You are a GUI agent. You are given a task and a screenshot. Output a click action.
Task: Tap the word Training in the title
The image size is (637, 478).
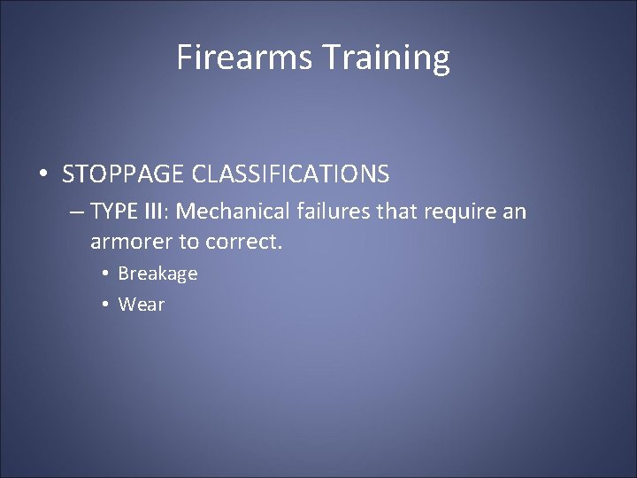point(385,58)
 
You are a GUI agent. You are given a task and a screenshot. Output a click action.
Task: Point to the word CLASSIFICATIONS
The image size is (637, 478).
point(295,174)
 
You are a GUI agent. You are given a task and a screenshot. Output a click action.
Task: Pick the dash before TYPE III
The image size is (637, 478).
point(77,212)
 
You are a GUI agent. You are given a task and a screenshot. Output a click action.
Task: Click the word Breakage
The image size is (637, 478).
point(157,274)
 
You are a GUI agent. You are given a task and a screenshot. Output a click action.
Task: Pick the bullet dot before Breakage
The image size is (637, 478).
point(104,274)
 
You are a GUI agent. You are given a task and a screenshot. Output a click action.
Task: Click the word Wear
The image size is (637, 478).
point(141,305)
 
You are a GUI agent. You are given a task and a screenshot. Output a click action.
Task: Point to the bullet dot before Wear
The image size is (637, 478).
point(104,305)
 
